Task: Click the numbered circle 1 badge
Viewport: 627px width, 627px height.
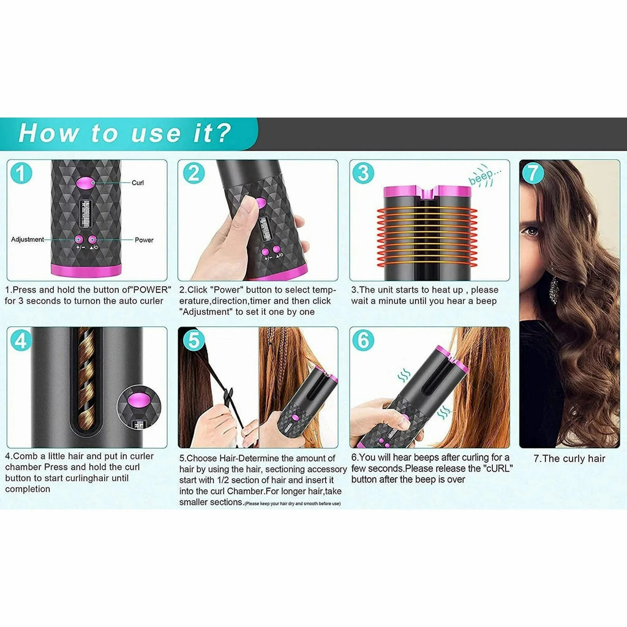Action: click(x=21, y=173)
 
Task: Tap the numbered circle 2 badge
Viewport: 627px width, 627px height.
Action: click(x=193, y=173)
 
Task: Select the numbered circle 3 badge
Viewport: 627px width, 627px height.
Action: click(x=363, y=173)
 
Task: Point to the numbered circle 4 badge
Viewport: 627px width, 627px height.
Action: click(x=21, y=340)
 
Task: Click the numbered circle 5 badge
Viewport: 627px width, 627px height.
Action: click(x=193, y=340)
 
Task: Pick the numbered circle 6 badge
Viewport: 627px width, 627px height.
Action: click(x=363, y=340)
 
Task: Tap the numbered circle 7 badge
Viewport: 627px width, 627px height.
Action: click(x=533, y=173)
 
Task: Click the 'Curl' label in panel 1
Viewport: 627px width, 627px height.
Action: click(x=138, y=182)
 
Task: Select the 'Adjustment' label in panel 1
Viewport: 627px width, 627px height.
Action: click(x=28, y=239)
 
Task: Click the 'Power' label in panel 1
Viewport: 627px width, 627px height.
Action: click(x=144, y=240)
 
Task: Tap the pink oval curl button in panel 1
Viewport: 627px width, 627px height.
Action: click(x=85, y=182)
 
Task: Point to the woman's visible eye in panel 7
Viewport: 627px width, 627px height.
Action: click(x=531, y=231)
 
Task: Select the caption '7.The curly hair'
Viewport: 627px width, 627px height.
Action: click(x=569, y=459)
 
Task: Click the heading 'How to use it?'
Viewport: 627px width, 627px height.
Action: click(x=125, y=133)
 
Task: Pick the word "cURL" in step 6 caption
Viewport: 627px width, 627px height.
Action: click(x=497, y=469)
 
